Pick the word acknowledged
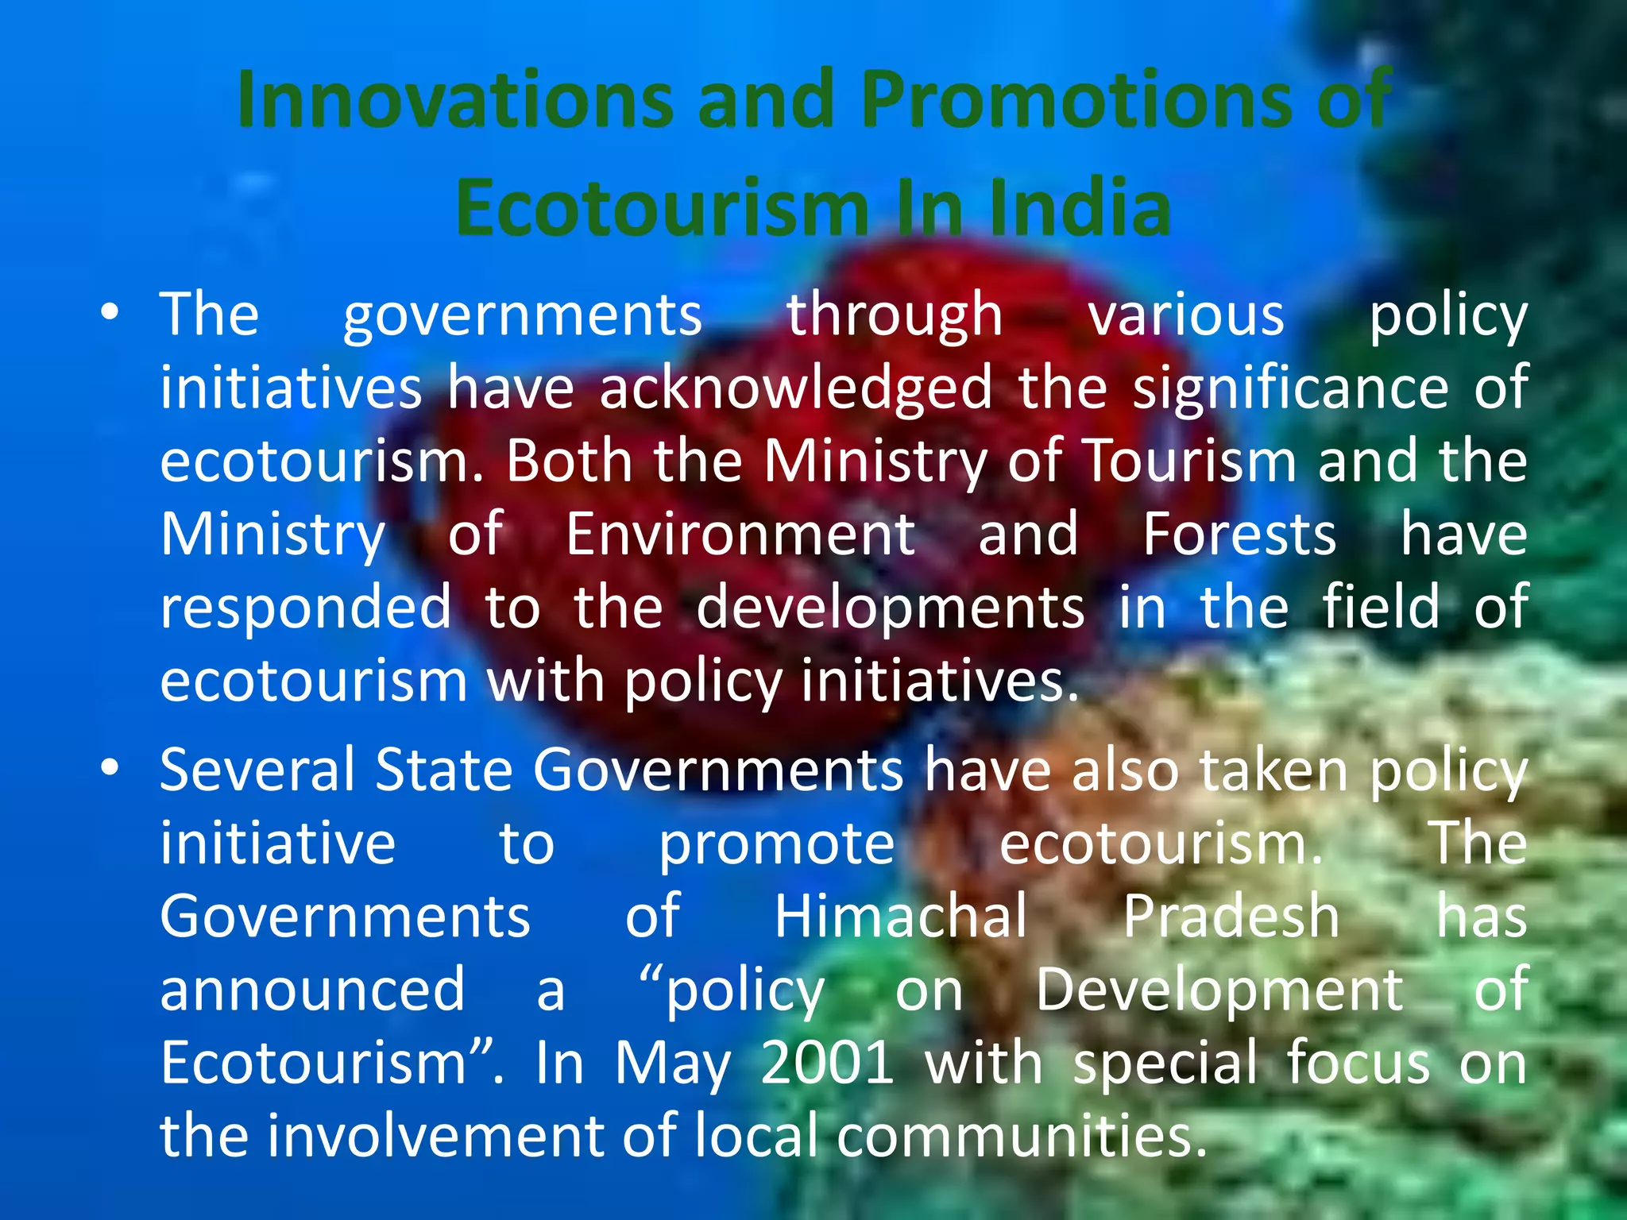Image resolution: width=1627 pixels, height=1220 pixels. point(796,388)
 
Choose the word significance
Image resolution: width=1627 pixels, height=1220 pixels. point(1290,388)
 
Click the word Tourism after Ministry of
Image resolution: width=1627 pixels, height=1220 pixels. point(1190,461)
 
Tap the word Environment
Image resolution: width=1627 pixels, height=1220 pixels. point(740,534)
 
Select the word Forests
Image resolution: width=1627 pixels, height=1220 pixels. point(1239,534)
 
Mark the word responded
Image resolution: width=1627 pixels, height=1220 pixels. point(306,607)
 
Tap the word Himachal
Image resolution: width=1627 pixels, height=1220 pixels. point(901,916)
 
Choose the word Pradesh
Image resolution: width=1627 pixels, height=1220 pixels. point(1231,916)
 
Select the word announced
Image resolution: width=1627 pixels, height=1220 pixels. point(312,990)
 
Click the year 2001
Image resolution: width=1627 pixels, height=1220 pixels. point(827,1063)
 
